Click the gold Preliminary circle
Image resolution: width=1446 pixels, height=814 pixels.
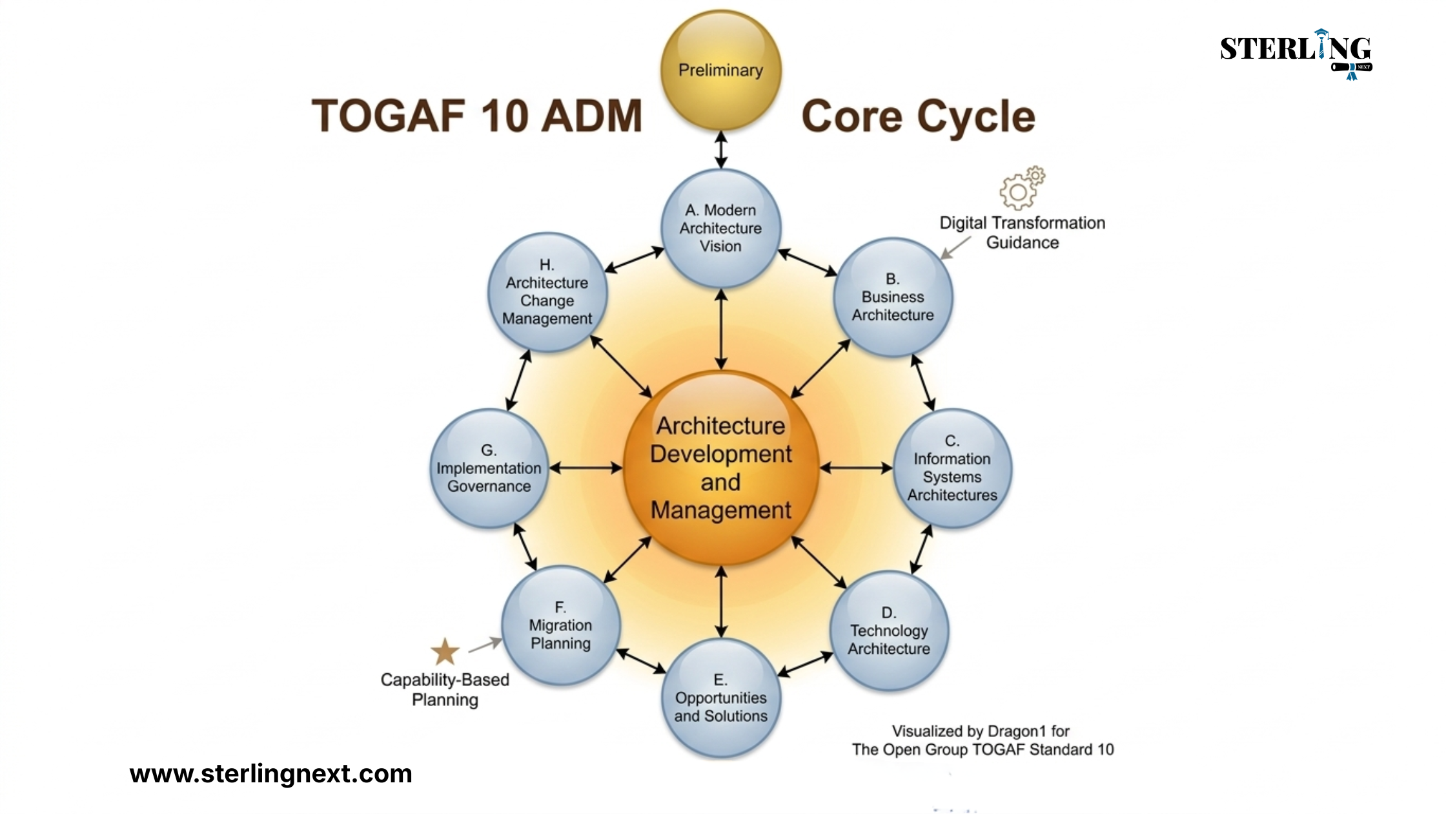point(721,70)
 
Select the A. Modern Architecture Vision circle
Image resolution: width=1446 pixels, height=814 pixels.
point(721,228)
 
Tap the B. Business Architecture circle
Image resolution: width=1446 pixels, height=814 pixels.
point(893,297)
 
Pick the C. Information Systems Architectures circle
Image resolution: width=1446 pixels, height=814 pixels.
point(952,468)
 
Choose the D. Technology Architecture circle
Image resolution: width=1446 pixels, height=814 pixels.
point(889,631)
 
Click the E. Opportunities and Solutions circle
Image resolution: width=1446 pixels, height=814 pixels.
point(721,698)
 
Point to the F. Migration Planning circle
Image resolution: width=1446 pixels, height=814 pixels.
point(560,625)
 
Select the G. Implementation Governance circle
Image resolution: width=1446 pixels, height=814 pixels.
point(489,468)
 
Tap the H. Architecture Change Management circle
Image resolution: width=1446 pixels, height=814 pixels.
point(547,292)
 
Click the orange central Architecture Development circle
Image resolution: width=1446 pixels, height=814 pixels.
point(721,468)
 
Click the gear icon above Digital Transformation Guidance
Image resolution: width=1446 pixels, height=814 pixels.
point(1022,187)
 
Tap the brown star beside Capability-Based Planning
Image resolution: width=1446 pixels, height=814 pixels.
point(445,651)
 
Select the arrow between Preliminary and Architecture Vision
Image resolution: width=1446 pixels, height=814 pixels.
point(721,150)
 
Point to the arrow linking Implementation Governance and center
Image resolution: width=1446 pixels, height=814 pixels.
point(586,468)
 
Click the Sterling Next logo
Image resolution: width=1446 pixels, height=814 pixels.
point(1296,54)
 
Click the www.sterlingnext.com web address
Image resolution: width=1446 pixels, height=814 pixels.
point(270,773)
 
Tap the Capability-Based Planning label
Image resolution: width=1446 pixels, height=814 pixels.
point(445,689)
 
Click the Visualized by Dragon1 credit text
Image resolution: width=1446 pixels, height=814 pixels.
point(983,740)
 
